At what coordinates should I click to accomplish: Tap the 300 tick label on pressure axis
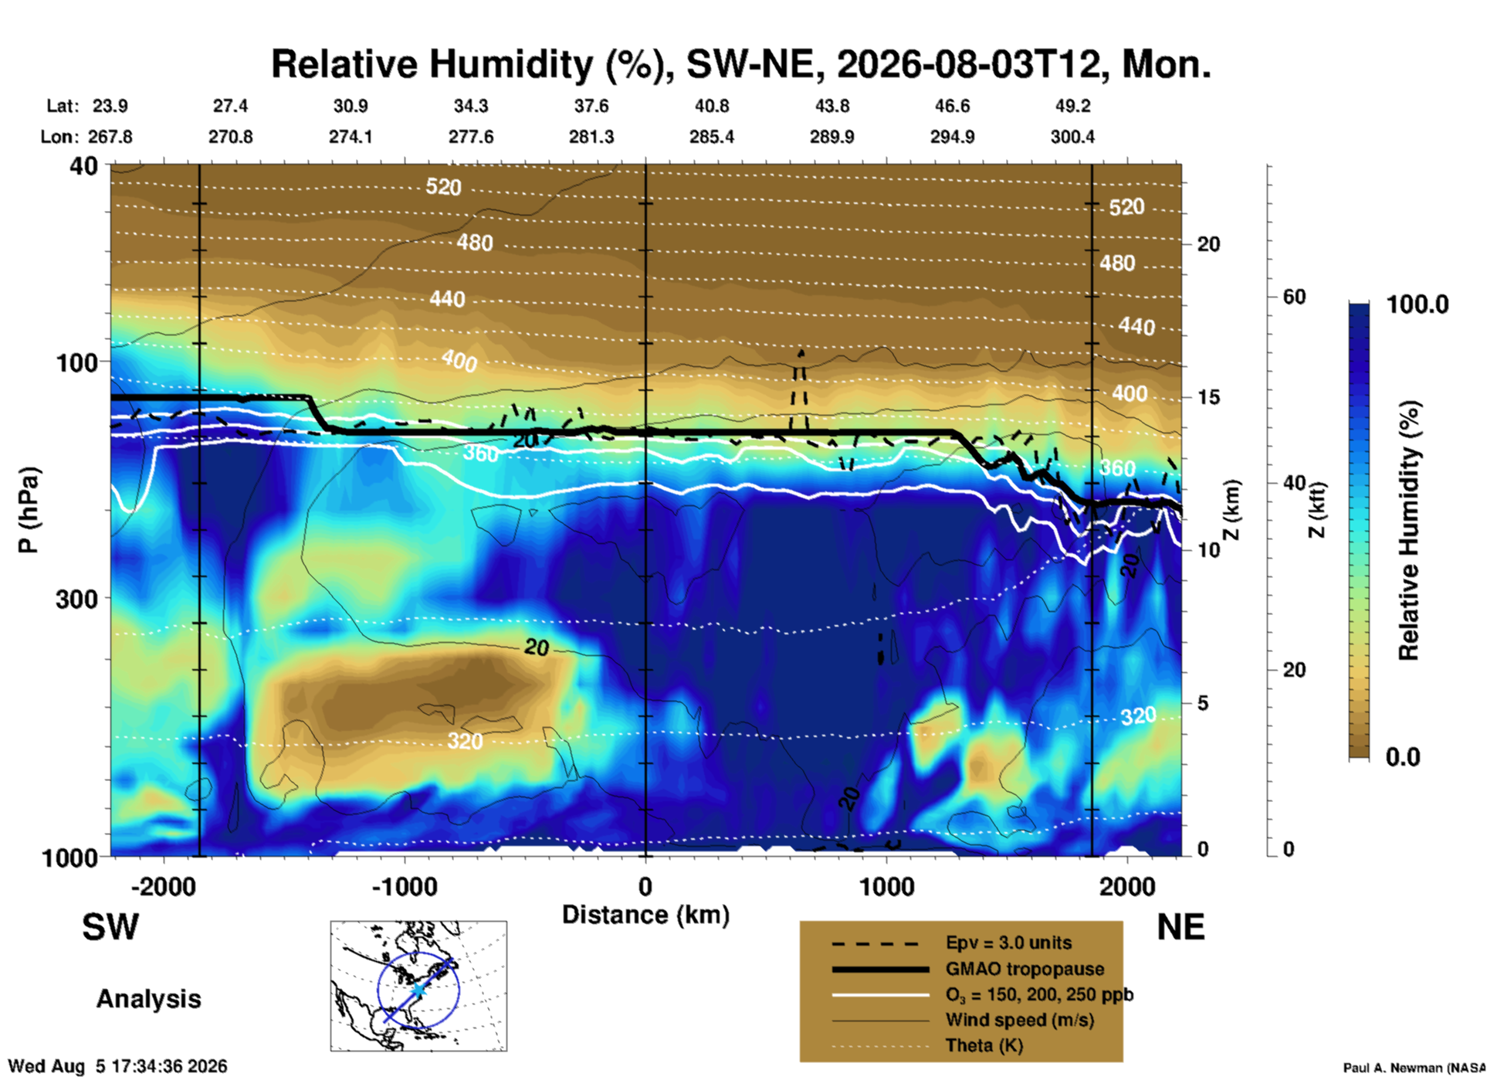point(77,598)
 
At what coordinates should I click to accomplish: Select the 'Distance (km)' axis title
point(645,915)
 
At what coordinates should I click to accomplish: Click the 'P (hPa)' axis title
point(28,510)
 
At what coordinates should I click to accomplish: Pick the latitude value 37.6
point(591,106)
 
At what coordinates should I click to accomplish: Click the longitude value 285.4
point(712,137)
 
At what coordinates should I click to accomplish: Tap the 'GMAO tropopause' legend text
point(1025,969)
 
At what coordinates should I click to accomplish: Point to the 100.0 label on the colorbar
point(1418,304)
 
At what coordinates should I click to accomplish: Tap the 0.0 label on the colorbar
point(1403,757)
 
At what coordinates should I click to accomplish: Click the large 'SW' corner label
point(110,927)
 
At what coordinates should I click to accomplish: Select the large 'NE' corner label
point(1180,927)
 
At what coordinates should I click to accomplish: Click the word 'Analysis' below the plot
point(148,999)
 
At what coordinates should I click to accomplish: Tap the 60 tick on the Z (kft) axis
point(1294,297)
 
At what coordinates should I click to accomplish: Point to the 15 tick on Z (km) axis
point(1208,397)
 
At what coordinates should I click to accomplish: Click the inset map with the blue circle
point(418,986)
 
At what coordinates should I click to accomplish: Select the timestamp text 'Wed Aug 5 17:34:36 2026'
point(117,1066)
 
